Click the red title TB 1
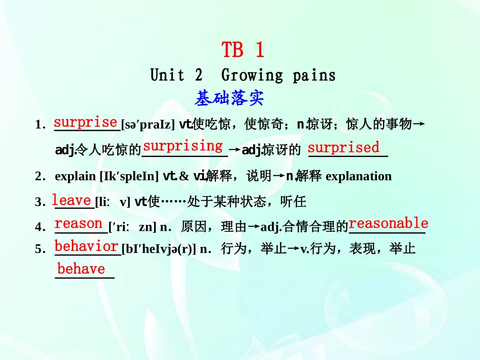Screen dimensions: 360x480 click(x=243, y=50)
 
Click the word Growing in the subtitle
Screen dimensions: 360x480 click(x=252, y=76)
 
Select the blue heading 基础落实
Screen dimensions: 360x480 click(x=229, y=98)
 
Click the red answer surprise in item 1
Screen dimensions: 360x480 click(x=85, y=122)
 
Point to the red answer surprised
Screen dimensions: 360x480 click(x=344, y=147)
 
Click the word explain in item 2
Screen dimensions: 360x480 click(x=75, y=176)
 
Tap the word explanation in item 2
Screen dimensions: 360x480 click(x=359, y=176)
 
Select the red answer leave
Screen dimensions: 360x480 click(x=72, y=200)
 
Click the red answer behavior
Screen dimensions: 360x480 click(x=86, y=246)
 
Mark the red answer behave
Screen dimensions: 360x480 click(x=81, y=269)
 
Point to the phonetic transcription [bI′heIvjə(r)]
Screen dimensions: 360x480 click(x=158, y=249)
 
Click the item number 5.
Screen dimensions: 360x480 click(x=38, y=249)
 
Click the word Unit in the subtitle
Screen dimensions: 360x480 click(x=167, y=76)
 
